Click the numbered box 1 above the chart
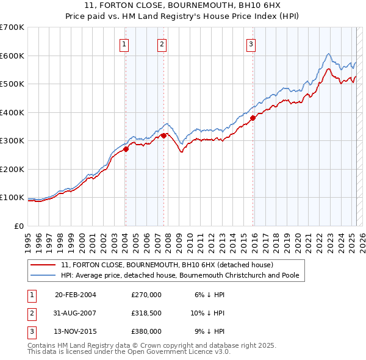(124, 43)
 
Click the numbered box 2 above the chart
(162, 43)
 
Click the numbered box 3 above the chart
(251, 43)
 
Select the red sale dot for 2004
(126, 148)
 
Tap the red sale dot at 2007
(164, 135)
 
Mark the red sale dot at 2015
(253, 118)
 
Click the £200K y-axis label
(12, 169)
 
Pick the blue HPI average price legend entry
(179, 275)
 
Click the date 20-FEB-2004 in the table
(76, 295)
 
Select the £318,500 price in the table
(146, 313)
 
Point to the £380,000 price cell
(146, 331)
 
